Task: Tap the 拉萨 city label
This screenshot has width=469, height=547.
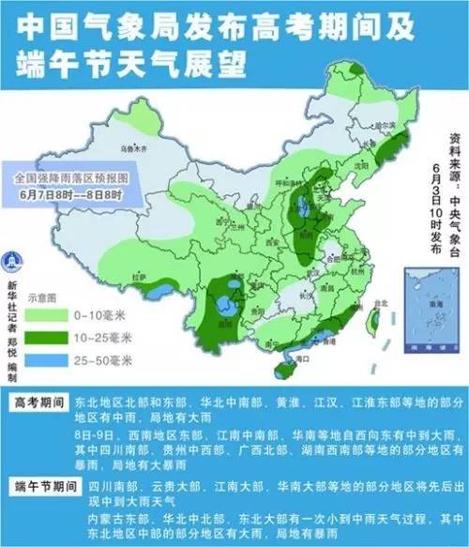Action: pos(141,278)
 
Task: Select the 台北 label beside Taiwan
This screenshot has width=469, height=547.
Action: pos(380,303)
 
